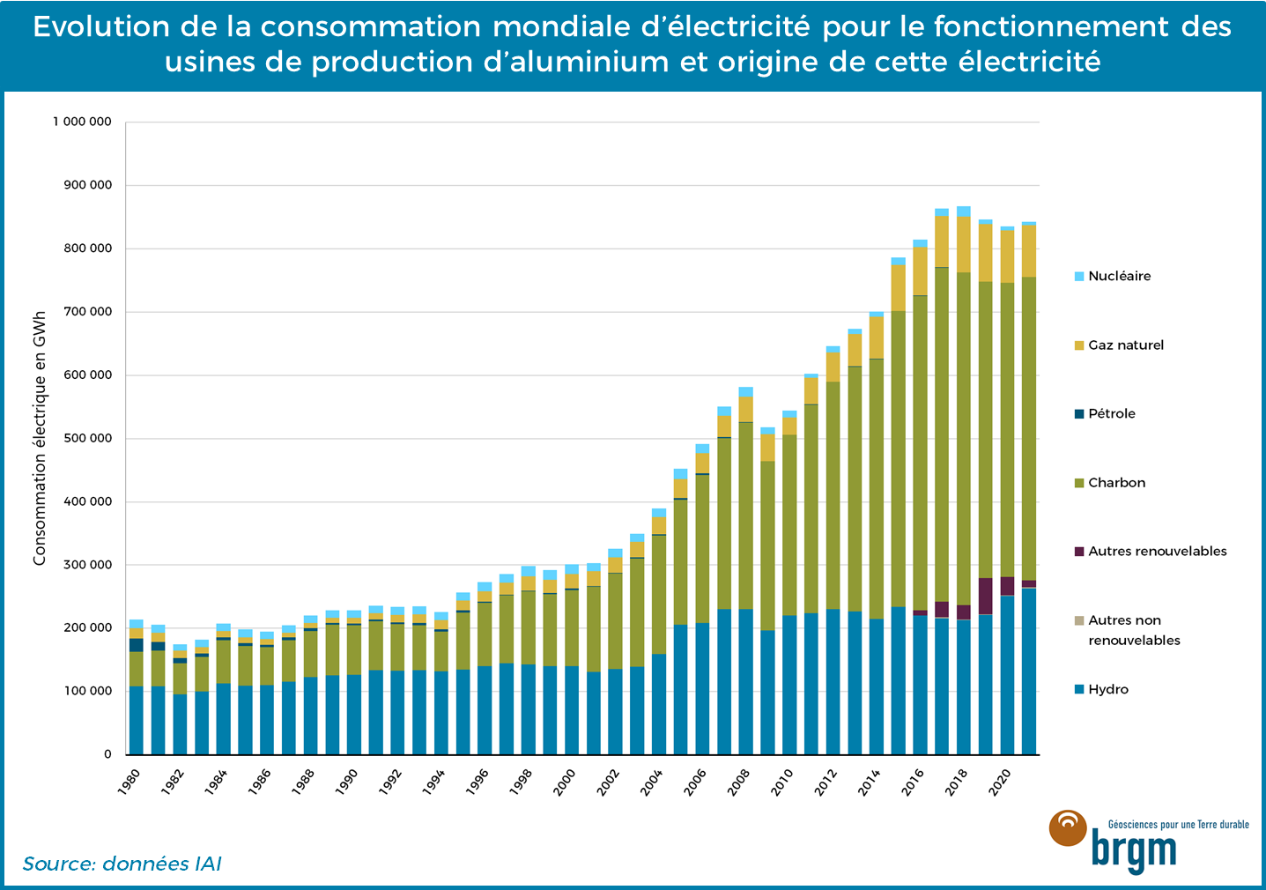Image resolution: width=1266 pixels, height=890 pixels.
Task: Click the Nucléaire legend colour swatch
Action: (1078, 277)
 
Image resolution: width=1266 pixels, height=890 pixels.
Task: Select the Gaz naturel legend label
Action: (1126, 345)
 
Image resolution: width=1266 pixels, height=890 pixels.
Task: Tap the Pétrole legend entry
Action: (1111, 414)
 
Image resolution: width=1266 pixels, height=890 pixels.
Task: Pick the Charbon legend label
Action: (1116, 483)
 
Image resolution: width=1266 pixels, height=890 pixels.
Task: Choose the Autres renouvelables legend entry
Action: (1157, 552)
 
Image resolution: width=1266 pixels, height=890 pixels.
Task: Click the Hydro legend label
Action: (1107, 690)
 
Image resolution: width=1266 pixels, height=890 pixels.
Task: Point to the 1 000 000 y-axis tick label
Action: (82, 122)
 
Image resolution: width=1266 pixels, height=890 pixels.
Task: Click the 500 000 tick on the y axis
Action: (87, 439)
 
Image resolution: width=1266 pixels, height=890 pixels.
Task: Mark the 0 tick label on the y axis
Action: (107, 755)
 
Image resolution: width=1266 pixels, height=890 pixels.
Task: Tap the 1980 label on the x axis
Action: (129, 781)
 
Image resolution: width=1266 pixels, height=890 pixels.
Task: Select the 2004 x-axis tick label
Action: (651, 781)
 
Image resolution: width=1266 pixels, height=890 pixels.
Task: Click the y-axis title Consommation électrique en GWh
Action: (40, 438)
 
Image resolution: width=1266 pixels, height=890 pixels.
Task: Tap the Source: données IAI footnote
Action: (122, 864)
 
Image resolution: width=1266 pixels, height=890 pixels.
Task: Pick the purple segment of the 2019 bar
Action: (985, 596)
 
